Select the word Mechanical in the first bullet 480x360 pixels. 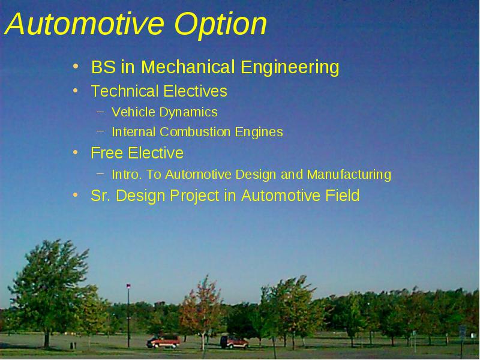(188, 67)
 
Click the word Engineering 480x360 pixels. (290, 68)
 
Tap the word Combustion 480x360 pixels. (194, 132)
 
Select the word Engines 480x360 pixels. (259, 133)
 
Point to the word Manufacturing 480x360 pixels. (349, 175)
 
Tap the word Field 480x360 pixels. (342, 196)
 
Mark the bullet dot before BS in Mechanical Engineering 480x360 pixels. (76, 66)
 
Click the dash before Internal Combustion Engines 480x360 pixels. (100, 131)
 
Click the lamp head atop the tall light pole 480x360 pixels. (128, 286)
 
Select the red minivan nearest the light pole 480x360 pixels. (163, 341)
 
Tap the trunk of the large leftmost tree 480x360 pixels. (47, 338)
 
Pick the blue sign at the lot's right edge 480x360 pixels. (462, 332)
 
